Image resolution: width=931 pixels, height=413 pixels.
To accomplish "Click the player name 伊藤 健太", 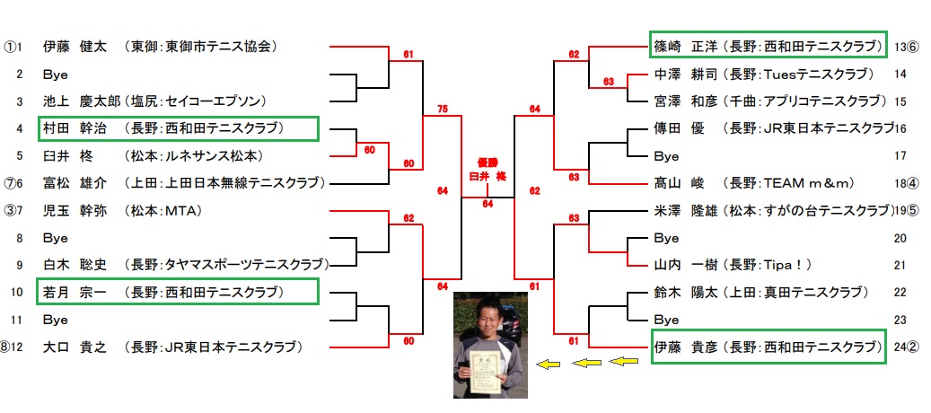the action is click(x=75, y=47).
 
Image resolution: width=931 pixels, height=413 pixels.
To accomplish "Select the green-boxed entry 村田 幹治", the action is click(x=178, y=128).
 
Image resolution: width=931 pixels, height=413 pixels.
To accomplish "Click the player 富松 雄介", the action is click(x=75, y=183).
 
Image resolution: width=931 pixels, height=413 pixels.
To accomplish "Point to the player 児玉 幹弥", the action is click(x=75, y=210).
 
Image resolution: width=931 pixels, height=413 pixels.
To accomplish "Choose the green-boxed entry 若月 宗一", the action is click(x=178, y=292).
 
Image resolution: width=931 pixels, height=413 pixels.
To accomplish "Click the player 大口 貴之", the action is click(x=75, y=347).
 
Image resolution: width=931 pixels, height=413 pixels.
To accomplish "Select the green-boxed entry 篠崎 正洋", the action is click(x=769, y=44).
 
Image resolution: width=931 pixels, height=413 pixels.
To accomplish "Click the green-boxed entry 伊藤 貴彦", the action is click(x=769, y=347).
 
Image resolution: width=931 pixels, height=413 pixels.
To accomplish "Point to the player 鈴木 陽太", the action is click(x=685, y=293).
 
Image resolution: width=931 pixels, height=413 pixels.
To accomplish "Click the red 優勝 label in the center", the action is click(x=487, y=162).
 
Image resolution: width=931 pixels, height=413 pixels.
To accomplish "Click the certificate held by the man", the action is click(x=486, y=372).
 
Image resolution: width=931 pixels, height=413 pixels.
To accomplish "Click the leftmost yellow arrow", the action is click(x=548, y=365).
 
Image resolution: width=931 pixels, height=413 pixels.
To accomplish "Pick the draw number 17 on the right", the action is click(x=900, y=156).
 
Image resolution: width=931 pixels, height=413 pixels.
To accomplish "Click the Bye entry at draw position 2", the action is click(x=56, y=75).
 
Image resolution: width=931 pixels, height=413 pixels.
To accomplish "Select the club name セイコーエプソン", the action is click(x=213, y=101).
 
